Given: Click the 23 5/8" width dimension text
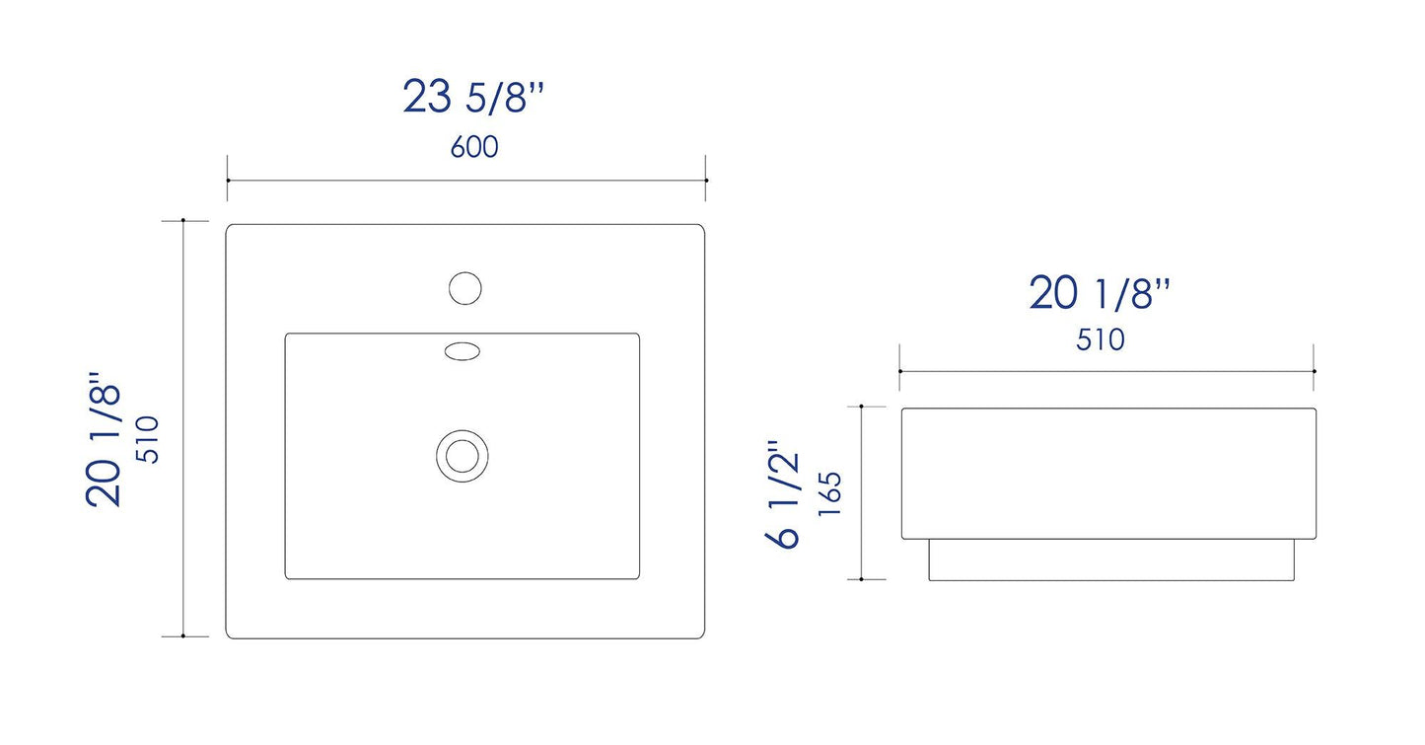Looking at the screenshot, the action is [473, 96].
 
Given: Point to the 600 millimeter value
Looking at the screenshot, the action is [474, 147].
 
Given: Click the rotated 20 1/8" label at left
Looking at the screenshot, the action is [104, 439].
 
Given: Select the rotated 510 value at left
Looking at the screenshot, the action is [148, 439].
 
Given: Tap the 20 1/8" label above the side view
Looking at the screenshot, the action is [1100, 293].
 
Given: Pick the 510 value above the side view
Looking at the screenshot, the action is [1101, 340].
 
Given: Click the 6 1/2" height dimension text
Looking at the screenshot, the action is [782, 494].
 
